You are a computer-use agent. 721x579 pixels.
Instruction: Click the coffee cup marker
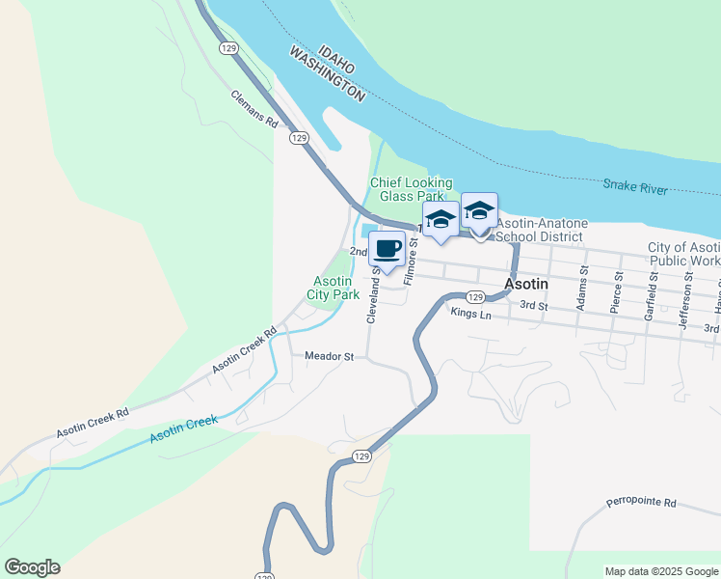point(387,249)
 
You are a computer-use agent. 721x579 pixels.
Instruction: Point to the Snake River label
point(635,186)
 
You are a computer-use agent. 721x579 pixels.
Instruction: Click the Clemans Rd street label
point(254,110)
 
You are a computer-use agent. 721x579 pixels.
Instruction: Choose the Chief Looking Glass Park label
point(412,189)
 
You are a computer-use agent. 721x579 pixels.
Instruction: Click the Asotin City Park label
point(334,287)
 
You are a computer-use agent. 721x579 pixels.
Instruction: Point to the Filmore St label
point(411,262)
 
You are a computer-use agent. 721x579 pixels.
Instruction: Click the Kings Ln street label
point(470,313)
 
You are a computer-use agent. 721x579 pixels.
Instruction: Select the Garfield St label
point(653,289)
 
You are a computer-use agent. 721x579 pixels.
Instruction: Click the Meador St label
point(330,356)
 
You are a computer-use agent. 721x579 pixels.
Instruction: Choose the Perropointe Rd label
point(642,503)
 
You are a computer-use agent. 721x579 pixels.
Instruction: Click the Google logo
point(32,567)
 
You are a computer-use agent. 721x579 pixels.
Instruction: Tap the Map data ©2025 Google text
point(660,571)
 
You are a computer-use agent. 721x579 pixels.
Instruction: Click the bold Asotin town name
point(527,285)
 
